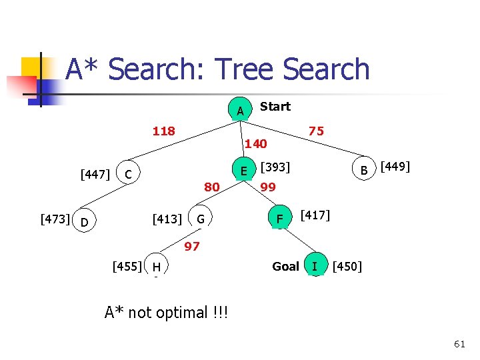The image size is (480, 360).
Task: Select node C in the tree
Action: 130,175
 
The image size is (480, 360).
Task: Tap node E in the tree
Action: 244,171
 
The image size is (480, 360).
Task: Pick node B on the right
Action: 364,171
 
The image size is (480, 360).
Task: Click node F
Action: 280,219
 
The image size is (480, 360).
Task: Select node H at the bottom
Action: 156,267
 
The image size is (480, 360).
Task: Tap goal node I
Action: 315,267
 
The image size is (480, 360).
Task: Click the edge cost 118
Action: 163,131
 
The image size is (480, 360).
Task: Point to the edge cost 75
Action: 316,131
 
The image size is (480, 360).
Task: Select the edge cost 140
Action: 255,143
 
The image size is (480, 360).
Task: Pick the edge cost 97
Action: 192,247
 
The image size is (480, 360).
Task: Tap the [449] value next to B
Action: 394,166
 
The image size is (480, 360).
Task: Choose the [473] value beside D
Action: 55,218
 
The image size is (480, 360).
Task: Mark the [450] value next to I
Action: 347,267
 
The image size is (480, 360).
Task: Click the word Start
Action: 275,107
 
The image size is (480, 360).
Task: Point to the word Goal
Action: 285,267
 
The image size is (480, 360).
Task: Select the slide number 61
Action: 459,344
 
